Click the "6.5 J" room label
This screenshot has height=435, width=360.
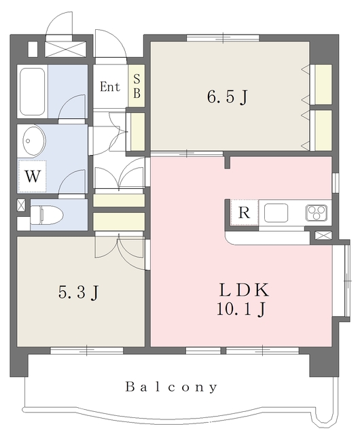click(227, 97)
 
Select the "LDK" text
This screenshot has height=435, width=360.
click(244, 290)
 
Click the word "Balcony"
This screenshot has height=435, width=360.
click(171, 387)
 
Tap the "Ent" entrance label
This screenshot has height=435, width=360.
click(109, 87)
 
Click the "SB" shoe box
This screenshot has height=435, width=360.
click(136, 88)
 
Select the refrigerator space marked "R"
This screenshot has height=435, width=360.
click(244, 213)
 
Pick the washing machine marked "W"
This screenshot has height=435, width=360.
click(31, 176)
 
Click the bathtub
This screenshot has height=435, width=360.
click(32, 90)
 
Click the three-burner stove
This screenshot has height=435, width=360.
click(316, 213)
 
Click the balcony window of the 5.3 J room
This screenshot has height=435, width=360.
click(87, 350)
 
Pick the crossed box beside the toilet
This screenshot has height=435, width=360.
click(21, 205)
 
